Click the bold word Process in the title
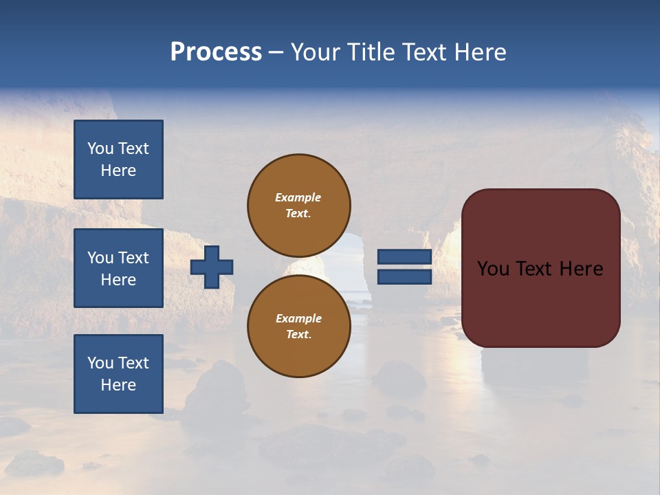pyautogui.click(x=216, y=52)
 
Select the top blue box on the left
pyautogui.click(x=118, y=159)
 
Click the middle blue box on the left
pyautogui.click(x=118, y=268)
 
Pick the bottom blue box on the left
pyautogui.click(x=118, y=374)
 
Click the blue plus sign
pyautogui.click(x=212, y=267)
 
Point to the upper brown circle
pyautogui.click(x=298, y=206)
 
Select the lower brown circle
pyautogui.click(x=298, y=327)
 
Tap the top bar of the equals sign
pyautogui.click(x=404, y=257)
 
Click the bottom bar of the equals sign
pyautogui.click(x=404, y=276)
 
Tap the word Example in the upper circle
pyautogui.click(x=298, y=197)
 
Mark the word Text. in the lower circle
pyautogui.click(x=298, y=335)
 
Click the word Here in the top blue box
pyautogui.click(x=118, y=170)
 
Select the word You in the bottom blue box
pyautogui.click(x=100, y=363)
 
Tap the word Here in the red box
pyautogui.click(x=581, y=269)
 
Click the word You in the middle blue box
pyautogui.click(x=100, y=258)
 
